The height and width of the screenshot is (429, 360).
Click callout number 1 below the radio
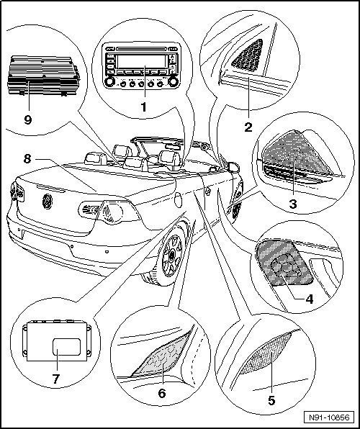tap(144, 107)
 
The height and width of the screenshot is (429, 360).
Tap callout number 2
tap(248, 127)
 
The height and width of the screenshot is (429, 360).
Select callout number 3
tap(293, 204)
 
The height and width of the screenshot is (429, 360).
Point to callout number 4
tap(309, 299)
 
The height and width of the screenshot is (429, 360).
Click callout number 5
tap(271, 400)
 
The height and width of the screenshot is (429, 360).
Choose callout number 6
tap(162, 394)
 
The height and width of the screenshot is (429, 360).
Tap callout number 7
tap(56, 379)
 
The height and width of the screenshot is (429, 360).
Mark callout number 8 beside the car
tap(27, 158)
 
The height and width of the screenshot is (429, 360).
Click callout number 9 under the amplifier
tap(27, 119)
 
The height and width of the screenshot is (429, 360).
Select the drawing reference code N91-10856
tap(329, 417)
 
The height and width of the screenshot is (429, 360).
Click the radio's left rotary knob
tap(109, 82)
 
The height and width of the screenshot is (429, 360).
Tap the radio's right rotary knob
tap(173, 81)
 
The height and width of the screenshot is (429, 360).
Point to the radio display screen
tap(141, 62)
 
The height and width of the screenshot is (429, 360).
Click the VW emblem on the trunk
tap(48, 202)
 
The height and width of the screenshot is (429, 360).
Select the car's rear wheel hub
tap(172, 256)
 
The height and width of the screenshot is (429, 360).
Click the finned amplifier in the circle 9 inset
tap(44, 76)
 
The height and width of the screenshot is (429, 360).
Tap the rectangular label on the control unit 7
tap(66, 347)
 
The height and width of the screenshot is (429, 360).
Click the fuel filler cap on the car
tap(179, 200)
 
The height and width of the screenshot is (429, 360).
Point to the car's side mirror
tap(233, 167)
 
